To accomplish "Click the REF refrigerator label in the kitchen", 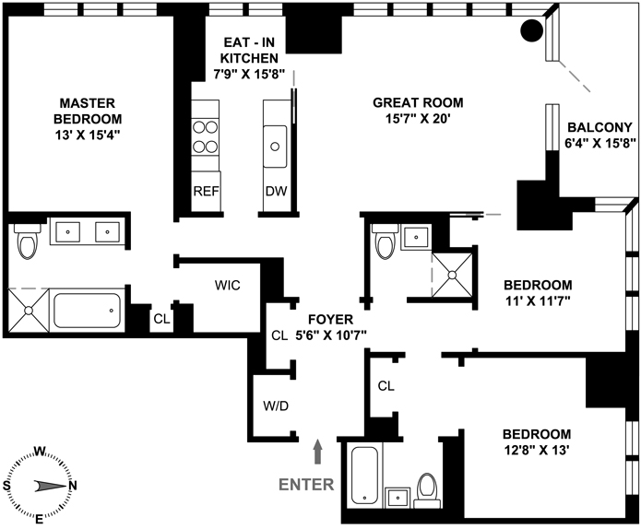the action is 206,191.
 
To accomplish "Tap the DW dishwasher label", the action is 276,191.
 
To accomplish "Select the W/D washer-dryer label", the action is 276,406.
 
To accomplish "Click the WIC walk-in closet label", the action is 228,285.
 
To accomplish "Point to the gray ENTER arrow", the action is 317,452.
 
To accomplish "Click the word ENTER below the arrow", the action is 306,485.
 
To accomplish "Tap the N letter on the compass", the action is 73,486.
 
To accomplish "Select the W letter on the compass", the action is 40,452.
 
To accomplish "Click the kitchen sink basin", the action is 275,147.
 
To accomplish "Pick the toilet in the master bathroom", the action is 28,241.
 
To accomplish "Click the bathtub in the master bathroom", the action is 87,311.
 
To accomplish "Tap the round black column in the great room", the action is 532,30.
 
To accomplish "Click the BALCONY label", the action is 599,128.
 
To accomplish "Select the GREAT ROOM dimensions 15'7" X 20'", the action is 418,119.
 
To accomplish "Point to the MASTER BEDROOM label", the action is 88,111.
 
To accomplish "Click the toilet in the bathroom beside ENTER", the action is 427,491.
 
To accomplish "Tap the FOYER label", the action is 331,319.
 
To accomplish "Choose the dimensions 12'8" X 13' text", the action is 537,450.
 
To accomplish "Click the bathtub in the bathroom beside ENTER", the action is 364,476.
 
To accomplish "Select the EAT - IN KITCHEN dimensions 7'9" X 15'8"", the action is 249,75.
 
